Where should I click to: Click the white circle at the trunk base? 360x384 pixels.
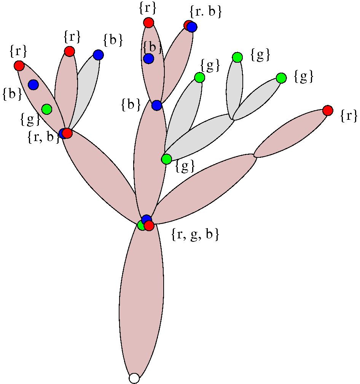134,378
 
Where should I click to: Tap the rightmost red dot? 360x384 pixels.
328,111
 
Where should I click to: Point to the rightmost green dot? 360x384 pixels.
281,78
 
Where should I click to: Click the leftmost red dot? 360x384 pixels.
19,66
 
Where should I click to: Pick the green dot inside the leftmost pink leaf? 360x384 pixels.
46,109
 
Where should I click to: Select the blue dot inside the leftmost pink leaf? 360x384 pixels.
33,84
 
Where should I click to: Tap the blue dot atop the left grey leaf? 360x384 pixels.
98,55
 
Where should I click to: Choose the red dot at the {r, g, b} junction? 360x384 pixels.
149,226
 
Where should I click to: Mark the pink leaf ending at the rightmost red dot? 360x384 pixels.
291,133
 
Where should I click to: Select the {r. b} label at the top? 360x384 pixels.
205,12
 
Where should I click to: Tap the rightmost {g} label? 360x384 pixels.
304,77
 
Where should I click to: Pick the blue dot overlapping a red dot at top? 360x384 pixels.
192,27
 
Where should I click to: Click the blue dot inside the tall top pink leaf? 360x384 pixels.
148,59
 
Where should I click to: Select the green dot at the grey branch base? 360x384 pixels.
166,159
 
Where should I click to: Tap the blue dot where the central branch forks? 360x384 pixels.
157,105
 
